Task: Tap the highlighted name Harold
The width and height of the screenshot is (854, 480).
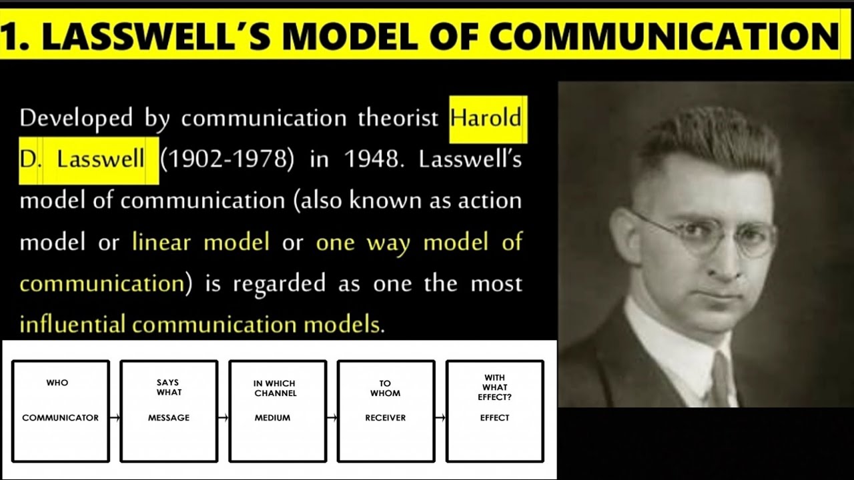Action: [485, 119]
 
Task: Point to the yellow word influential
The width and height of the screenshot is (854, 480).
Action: [72, 325]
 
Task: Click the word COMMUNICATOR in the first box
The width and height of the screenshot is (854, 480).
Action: [60, 418]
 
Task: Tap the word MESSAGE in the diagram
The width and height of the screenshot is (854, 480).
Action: [169, 418]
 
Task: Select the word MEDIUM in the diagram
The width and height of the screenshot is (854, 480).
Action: [272, 418]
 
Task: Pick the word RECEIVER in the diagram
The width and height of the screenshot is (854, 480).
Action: [386, 418]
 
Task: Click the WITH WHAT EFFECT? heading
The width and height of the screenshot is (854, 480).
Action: [494, 387]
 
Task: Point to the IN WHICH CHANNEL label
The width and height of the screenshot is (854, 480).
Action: [274, 388]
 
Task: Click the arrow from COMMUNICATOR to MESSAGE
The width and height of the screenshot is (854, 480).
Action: [115, 418]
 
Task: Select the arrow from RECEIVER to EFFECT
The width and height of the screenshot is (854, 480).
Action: [440, 418]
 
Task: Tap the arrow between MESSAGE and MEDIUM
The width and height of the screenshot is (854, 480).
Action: [224, 418]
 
